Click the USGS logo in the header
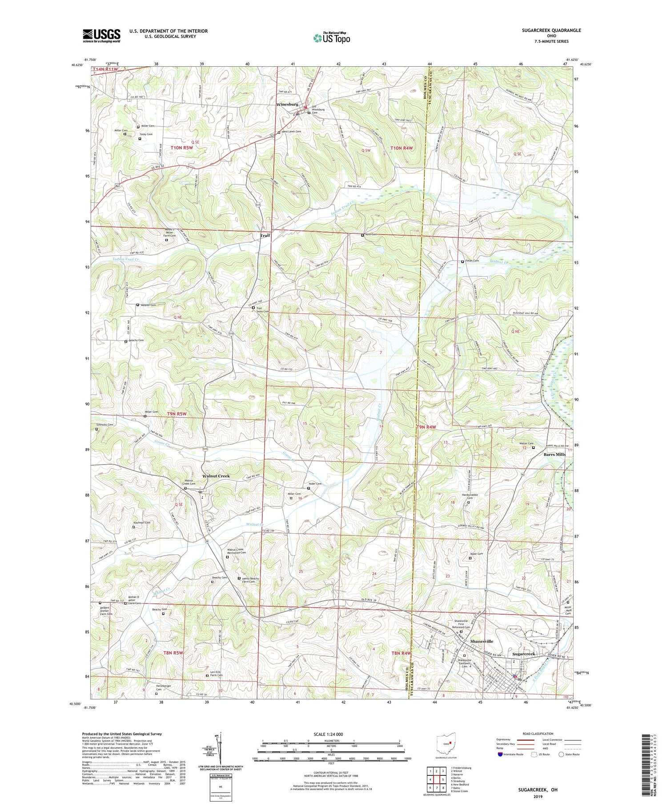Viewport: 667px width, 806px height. click(101, 36)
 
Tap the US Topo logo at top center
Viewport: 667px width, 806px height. click(331, 38)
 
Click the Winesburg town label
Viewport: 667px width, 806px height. click(287, 104)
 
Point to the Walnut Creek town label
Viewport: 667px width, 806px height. click(216, 476)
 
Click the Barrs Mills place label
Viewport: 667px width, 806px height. click(554, 455)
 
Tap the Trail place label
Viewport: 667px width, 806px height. click(265, 235)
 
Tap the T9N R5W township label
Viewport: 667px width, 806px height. click(177, 414)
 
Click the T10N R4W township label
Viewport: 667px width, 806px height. click(404, 148)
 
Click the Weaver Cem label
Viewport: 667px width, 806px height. click(148, 305)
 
